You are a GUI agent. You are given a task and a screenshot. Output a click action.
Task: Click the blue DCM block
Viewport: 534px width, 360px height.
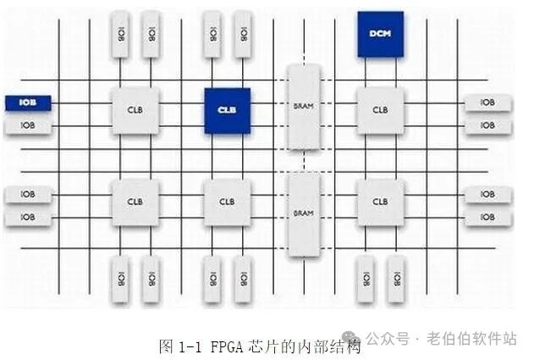[380, 34]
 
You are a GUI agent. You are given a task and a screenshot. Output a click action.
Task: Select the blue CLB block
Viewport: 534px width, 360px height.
[227, 110]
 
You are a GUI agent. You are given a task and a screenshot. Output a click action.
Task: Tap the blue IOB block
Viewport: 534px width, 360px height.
[28, 103]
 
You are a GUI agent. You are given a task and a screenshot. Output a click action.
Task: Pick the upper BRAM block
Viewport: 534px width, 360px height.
[304, 108]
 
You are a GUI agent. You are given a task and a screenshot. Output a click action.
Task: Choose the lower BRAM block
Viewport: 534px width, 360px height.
[304, 214]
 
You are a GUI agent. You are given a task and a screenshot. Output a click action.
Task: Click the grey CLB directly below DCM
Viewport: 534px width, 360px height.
[380, 110]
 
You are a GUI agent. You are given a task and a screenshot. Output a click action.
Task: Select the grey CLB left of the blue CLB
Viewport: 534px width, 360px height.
[135, 110]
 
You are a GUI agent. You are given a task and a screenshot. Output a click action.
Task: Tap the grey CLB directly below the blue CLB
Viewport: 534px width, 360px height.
[227, 202]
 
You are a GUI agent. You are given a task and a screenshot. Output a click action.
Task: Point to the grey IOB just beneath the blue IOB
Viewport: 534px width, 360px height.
[28, 126]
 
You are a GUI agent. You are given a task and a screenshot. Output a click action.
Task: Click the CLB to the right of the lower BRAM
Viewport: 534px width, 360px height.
[380, 202]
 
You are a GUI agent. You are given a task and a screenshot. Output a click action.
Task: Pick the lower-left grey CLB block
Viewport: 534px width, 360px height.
[135, 202]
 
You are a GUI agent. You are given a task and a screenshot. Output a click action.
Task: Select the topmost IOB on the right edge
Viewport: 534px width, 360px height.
[487, 102]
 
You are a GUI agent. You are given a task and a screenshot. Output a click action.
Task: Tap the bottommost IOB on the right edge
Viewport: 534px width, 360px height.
[487, 218]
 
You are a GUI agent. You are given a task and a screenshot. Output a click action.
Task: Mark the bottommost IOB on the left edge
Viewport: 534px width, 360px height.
[28, 218]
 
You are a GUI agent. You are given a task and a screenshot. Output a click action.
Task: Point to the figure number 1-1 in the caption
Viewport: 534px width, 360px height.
[186, 346]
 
